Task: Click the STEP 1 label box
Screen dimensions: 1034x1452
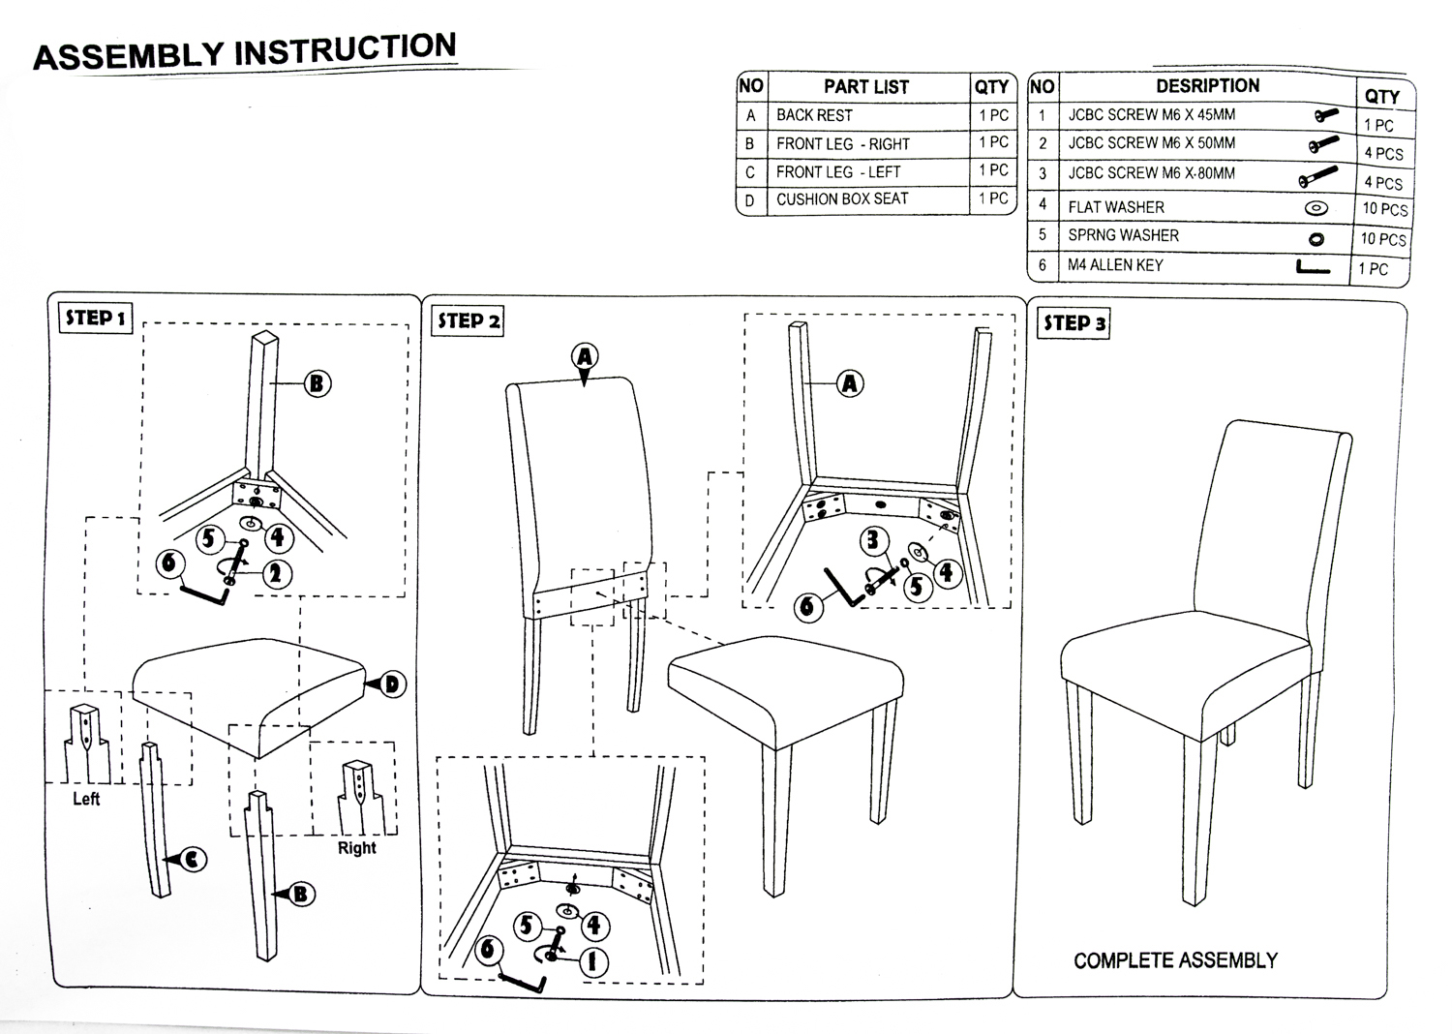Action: coord(96,318)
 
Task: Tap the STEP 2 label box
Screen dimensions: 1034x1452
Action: coord(468,320)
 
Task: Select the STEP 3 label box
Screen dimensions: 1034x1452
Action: coord(1074,322)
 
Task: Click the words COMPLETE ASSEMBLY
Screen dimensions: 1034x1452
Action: coord(1175,960)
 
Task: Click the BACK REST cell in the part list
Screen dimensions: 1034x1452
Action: coord(814,115)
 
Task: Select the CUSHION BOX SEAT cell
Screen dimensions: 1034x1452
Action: coord(842,199)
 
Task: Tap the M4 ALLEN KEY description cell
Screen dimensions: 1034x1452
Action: coord(1115,265)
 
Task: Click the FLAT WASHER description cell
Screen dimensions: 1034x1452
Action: coord(1116,207)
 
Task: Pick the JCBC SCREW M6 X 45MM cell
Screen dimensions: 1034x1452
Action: coord(1152,114)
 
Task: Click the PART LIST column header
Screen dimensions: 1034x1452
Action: coord(865,86)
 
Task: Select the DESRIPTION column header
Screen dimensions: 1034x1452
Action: coord(1207,85)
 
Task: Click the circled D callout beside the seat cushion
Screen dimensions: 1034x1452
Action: coord(392,684)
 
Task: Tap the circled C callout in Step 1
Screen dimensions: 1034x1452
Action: coord(194,858)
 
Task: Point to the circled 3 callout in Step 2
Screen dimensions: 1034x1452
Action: coord(873,540)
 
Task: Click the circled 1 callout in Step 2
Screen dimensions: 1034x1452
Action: coord(593,961)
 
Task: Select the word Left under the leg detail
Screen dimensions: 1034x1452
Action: coord(86,799)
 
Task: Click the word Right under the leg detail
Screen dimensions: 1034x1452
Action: coord(356,848)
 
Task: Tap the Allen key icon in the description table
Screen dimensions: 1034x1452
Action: coord(1312,268)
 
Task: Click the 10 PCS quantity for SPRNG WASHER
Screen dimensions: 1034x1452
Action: coord(1382,239)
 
